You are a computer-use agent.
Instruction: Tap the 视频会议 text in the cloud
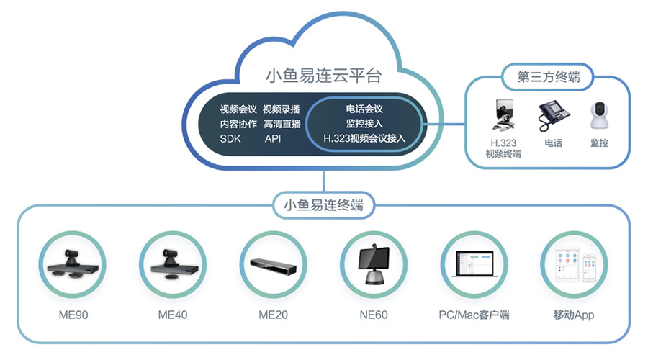point(238,109)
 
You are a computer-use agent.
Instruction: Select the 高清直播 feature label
point(282,124)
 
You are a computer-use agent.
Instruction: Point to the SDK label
point(230,138)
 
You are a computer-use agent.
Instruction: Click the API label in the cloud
point(273,138)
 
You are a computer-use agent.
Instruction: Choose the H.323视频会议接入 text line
point(364,138)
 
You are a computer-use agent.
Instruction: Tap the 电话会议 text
point(364,109)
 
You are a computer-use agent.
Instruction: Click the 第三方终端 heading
point(549,76)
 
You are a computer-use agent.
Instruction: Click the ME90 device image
point(71,264)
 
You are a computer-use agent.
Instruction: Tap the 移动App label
point(574,315)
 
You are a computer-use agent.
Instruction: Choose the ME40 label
point(172,315)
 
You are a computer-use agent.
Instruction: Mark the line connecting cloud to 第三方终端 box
point(444,123)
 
